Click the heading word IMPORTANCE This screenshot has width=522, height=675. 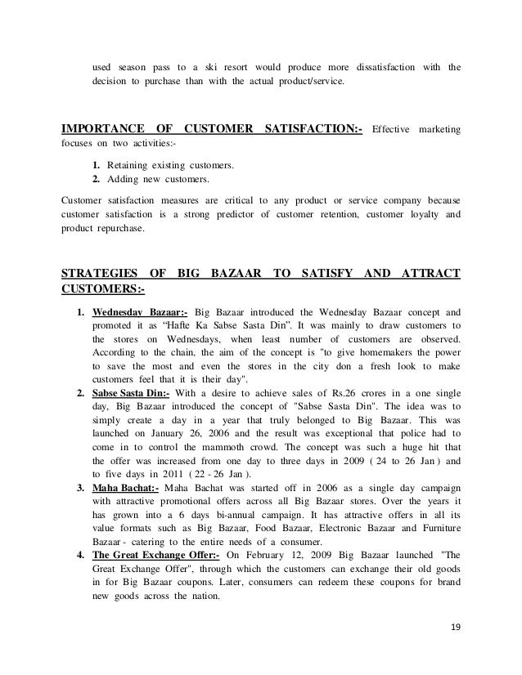[x=98, y=129]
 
